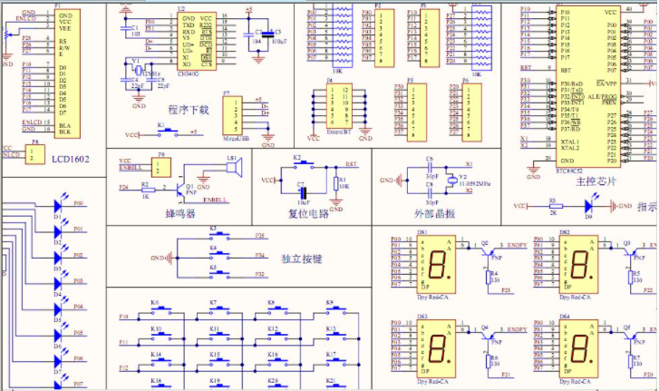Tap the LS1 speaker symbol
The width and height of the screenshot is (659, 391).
[231, 170]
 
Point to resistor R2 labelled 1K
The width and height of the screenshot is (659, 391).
[146, 188]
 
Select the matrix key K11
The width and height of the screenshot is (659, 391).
[214, 335]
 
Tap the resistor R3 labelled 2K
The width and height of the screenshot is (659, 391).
[553, 207]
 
